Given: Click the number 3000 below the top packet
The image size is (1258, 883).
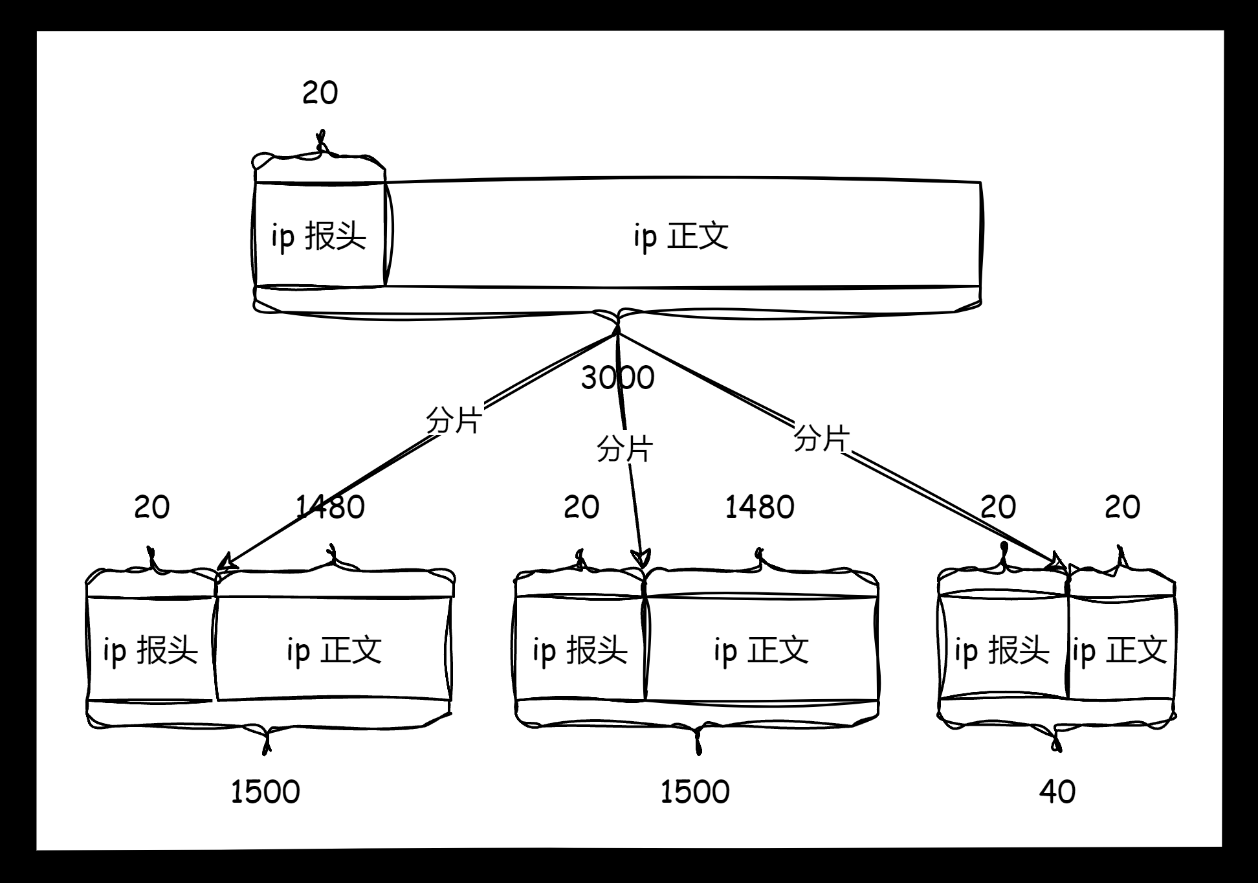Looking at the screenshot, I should click(x=617, y=378).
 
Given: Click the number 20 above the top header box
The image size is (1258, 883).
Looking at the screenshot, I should click(x=320, y=93).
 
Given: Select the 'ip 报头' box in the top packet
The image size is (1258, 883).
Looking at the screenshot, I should click(x=319, y=236).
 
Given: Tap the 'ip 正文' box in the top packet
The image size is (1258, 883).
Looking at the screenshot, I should click(x=682, y=236).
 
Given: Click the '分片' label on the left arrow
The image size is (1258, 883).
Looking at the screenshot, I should click(x=454, y=421).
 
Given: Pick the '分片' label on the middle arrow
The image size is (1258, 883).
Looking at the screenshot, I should click(x=624, y=449).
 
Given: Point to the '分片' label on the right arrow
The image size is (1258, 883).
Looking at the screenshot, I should click(x=821, y=439).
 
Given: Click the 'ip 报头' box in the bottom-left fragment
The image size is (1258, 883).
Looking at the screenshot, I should click(x=151, y=650).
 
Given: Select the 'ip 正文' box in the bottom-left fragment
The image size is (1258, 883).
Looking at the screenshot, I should click(x=334, y=650).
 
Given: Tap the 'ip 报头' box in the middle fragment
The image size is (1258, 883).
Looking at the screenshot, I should click(x=580, y=650).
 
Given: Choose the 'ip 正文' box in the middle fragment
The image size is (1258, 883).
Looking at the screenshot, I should click(x=761, y=650).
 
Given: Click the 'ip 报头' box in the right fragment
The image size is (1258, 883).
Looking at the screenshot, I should click(x=1002, y=650).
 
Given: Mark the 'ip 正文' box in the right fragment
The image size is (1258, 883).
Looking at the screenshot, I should click(x=1120, y=650).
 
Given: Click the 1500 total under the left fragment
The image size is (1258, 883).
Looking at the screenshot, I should click(x=265, y=792).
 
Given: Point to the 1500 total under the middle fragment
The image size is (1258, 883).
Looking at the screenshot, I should click(x=695, y=792).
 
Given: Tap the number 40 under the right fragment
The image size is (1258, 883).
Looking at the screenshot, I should click(x=1057, y=792).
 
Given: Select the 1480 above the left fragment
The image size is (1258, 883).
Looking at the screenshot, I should click(x=330, y=507).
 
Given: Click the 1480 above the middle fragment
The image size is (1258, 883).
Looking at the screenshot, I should click(x=760, y=507).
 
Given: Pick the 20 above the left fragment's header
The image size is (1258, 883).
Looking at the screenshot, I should click(x=152, y=507).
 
